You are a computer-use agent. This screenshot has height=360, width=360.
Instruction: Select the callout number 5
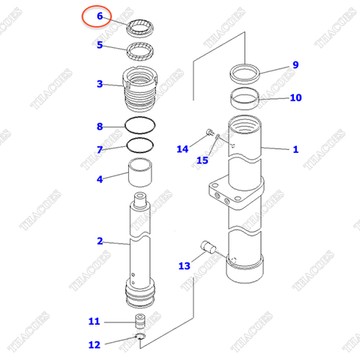pyautogui.click(x=99, y=45)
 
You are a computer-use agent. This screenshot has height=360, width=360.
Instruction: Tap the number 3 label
pyautogui.click(x=99, y=84)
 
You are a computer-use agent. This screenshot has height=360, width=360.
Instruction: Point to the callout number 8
pyautogui.click(x=99, y=126)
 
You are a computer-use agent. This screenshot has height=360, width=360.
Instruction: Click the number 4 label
pyautogui.click(x=99, y=178)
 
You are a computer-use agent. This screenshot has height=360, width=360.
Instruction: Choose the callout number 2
pyautogui.click(x=99, y=241)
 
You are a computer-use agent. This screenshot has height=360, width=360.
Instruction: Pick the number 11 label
pyautogui.click(x=94, y=322)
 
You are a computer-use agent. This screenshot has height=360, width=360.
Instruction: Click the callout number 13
pyautogui.click(x=184, y=265)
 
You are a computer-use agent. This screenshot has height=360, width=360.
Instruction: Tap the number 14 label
pyautogui.click(x=183, y=149)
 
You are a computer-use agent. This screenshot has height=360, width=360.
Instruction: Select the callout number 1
pyautogui.click(x=295, y=149)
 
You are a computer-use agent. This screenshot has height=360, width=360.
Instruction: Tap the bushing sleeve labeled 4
pyautogui.click(x=141, y=175)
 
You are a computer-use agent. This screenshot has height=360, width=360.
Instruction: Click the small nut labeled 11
pyautogui.click(x=139, y=322)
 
